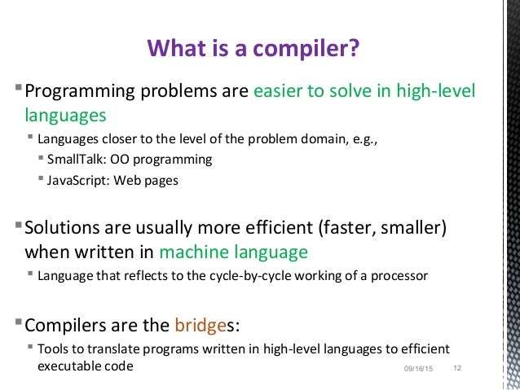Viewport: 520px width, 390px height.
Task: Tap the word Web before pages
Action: pos(131,181)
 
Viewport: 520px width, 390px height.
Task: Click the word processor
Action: pos(399,276)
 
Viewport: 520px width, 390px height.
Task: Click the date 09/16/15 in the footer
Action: pos(419,371)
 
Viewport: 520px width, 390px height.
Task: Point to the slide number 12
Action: pos(456,370)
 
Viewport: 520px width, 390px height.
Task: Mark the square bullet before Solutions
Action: pos(19,226)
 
